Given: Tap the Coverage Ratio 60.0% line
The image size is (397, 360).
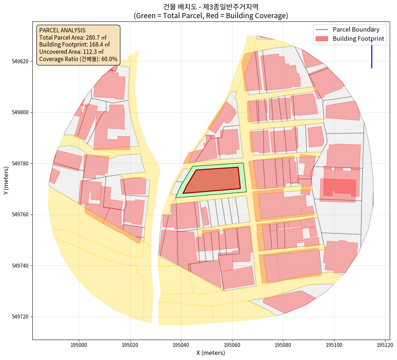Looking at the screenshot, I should click(78, 59).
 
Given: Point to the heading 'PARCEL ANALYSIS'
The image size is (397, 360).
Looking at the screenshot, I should click(62, 30).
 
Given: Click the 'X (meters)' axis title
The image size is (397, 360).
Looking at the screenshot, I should click(211, 353).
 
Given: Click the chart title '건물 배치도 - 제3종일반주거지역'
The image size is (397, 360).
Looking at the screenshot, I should click(211, 7).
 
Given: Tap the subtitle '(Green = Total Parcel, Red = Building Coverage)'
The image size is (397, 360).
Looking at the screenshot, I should click(211, 16).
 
